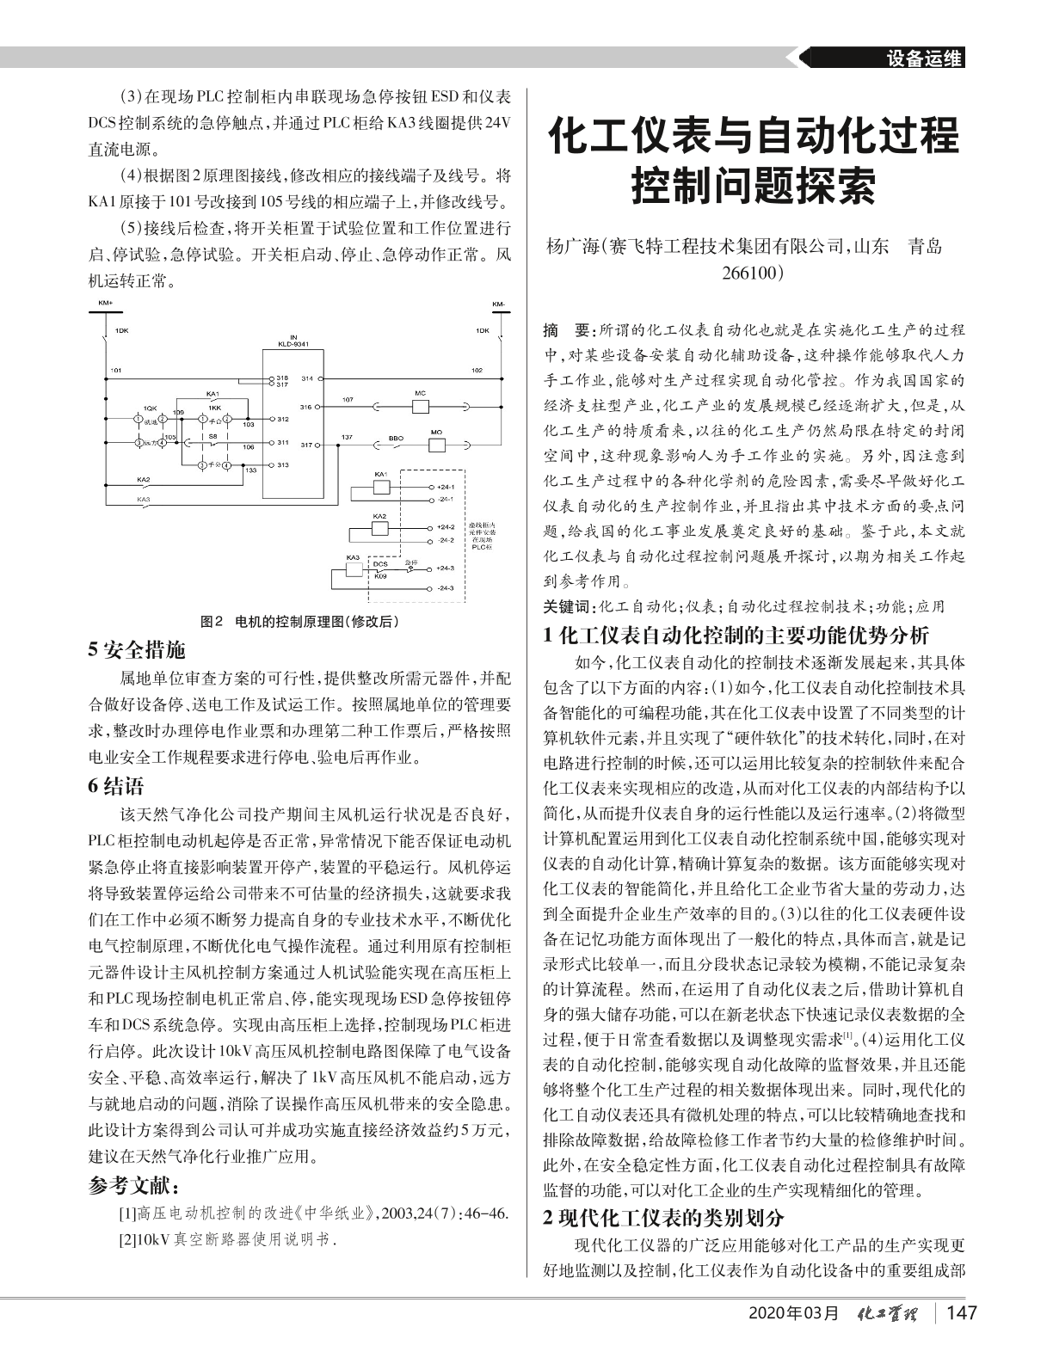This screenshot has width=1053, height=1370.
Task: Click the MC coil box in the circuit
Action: click(420, 405)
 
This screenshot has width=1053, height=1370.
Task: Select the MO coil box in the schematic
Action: click(437, 444)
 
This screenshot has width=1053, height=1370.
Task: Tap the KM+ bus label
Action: click(105, 304)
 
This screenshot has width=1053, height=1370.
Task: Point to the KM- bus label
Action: click(499, 304)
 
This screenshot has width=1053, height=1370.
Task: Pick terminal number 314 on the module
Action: click(306, 378)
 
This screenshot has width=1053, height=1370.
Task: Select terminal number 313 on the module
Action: click(282, 464)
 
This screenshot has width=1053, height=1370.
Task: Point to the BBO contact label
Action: click(396, 438)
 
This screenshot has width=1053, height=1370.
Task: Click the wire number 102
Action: click(477, 371)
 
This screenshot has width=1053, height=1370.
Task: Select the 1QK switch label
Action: click(149, 408)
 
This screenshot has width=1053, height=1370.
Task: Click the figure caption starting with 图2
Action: click(299, 620)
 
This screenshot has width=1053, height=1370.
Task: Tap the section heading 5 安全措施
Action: click(137, 649)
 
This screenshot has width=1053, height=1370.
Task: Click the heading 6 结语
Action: click(117, 786)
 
